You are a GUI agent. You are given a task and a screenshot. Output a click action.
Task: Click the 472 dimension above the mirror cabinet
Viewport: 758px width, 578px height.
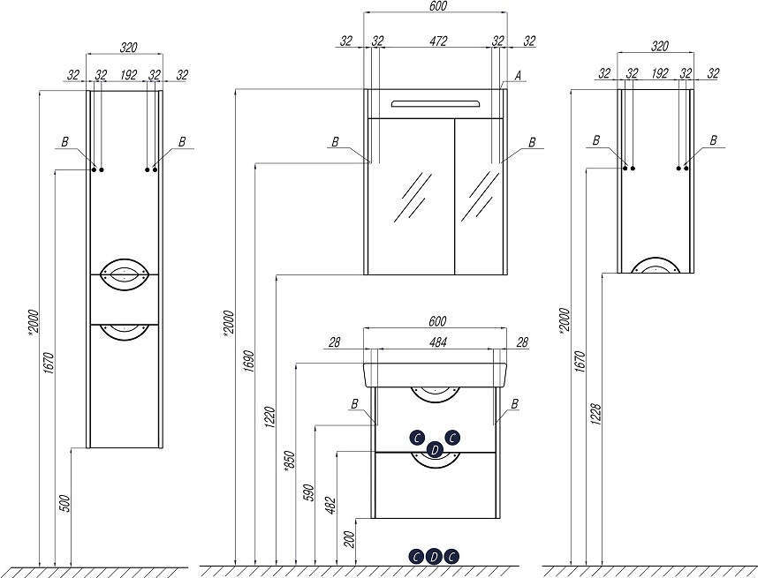click(x=438, y=41)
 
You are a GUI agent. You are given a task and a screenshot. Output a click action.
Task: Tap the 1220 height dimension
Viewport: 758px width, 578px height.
click(x=269, y=417)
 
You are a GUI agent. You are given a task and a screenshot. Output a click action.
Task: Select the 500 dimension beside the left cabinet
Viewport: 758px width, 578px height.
click(x=65, y=505)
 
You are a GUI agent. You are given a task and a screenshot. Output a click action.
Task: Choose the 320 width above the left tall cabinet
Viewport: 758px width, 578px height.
click(x=128, y=48)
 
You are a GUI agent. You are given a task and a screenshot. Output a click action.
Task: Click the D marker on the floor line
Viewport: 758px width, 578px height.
click(x=434, y=556)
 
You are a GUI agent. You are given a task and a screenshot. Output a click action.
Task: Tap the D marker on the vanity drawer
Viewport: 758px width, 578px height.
click(x=434, y=450)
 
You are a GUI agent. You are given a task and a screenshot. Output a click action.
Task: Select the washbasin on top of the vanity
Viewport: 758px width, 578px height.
click(x=436, y=374)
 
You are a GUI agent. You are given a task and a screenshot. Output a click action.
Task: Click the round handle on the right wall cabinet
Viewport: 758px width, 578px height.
click(x=656, y=266)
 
